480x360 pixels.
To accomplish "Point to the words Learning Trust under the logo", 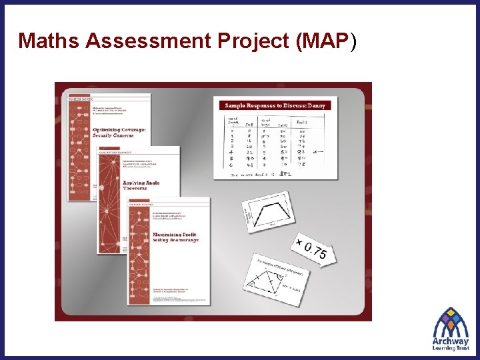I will coord(451,348).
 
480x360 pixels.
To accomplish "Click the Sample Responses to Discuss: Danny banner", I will coord(275,105).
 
